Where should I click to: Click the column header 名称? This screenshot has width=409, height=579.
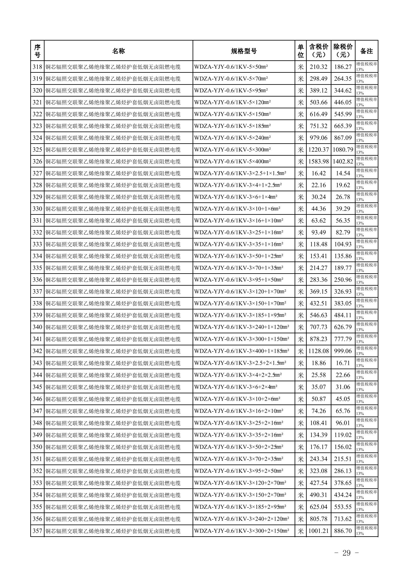118,51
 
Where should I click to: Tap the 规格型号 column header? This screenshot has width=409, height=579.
244,51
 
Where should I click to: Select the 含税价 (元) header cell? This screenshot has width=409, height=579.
318,51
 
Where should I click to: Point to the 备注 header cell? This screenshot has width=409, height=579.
366,51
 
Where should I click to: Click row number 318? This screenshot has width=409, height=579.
37,67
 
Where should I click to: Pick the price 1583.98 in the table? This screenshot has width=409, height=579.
318,162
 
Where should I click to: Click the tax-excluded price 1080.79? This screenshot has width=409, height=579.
343,150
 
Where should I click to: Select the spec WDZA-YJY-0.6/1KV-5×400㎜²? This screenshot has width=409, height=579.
232,162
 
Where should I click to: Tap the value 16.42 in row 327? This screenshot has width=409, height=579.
318,173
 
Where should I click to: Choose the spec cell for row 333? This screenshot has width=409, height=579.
239,244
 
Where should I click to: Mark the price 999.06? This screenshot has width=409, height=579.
343,351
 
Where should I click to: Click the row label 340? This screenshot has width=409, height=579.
37,327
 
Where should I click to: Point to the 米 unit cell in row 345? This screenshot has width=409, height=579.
300,387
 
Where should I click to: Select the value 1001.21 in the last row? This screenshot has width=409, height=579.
318,531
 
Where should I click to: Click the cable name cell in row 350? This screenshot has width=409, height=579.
113,447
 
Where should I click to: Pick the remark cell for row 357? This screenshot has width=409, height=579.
366,531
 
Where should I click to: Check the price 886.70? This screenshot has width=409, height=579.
343,531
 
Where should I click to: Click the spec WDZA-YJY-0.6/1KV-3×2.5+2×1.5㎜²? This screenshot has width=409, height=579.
240,363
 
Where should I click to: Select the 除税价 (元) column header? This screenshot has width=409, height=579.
343,51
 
